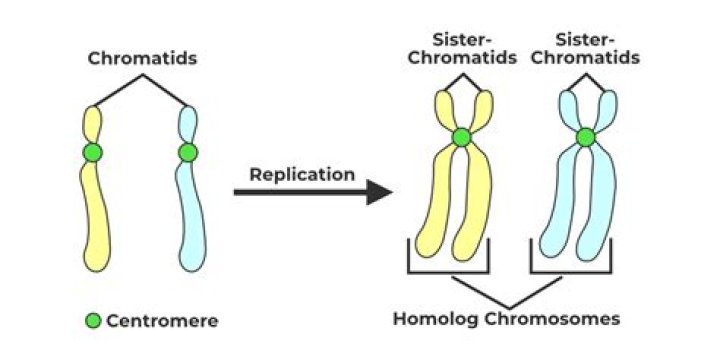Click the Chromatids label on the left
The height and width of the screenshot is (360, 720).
pyautogui.click(x=142, y=58)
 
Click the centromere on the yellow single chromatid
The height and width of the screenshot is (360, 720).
pyautogui.click(x=92, y=153)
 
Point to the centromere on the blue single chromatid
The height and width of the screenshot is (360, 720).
pyautogui.click(x=187, y=153)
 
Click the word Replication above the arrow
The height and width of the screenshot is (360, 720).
pyautogui.click(x=302, y=174)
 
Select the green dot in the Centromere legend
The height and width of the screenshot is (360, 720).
pyautogui.click(x=93, y=321)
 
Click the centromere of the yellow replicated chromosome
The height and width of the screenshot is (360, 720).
pyautogui.click(x=460, y=137)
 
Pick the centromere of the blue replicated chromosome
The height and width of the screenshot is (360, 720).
pyautogui.click(x=586, y=137)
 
